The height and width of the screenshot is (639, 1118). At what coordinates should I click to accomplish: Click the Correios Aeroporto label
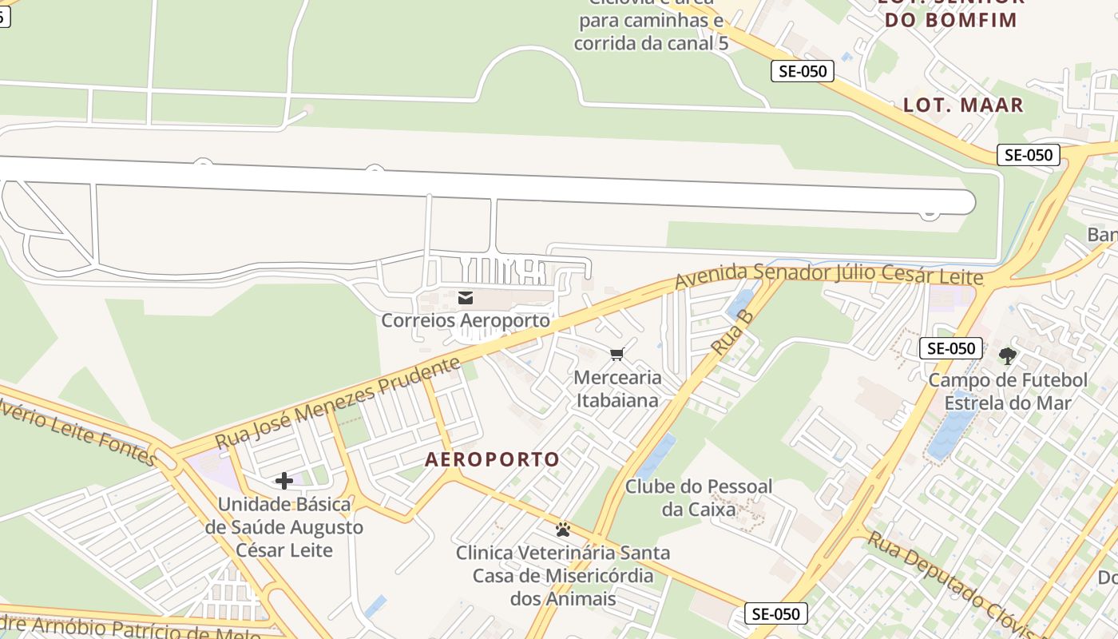coord(466,321)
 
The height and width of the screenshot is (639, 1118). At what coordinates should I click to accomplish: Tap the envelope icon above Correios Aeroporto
coord(466,298)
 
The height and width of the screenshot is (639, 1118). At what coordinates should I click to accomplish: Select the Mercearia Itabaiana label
coord(618,388)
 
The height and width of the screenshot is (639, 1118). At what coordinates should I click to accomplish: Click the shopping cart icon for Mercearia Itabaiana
coord(616,354)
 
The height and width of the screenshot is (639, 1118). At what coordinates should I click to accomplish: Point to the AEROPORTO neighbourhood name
coord(493,459)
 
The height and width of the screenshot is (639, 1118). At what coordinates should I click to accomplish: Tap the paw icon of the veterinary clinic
coord(563,529)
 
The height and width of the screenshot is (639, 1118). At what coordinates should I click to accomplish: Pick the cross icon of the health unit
coord(283,481)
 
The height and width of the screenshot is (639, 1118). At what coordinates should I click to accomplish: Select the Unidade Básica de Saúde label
coord(284,527)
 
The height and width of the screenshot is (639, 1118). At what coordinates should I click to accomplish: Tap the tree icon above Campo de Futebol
coord(1008,355)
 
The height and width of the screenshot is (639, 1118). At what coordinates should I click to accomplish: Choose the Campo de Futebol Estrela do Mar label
coord(1008,391)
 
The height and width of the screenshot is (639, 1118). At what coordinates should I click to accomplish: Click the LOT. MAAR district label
coord(963,105)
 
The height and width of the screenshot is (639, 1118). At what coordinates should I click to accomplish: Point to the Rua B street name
coord(733,331)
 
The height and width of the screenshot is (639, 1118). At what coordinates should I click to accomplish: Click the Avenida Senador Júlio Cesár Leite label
coord(829,275)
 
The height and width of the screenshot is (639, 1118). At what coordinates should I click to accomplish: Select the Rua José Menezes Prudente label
coord(338,403)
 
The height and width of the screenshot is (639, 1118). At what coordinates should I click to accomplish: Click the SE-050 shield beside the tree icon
coord(950,348)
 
